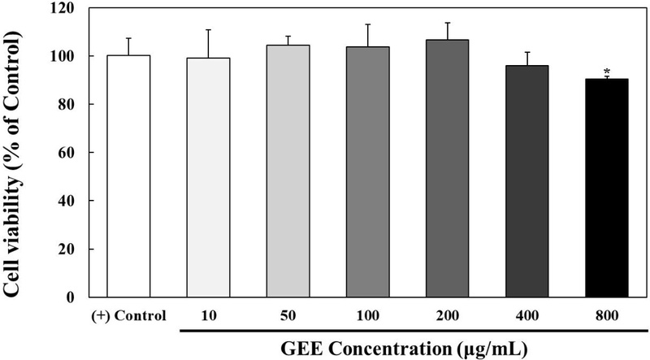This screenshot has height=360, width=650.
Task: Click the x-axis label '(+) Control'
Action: click(x=128, y=314)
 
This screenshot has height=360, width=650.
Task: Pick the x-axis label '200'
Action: click(x=447, y=314)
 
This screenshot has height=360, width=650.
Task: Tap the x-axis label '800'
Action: click(x=606, y=314)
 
